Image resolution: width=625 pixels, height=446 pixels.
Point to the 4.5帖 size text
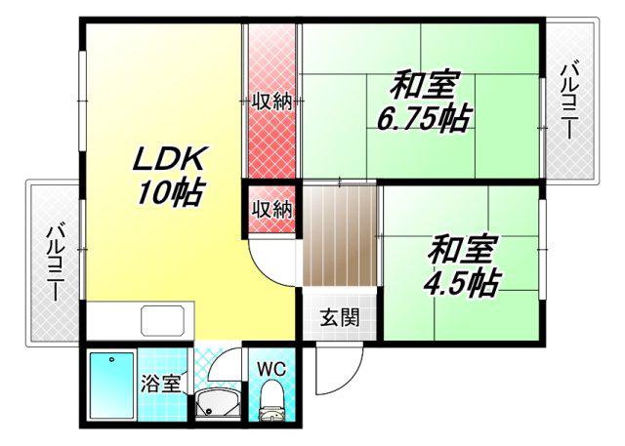pos(462,283)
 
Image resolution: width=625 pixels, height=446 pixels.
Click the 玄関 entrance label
pos(340,317)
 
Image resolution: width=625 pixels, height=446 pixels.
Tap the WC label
pos(271,370)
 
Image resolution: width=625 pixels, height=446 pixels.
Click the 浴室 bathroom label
pos(161,384)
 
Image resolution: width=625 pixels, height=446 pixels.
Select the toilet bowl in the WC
pos(271,398)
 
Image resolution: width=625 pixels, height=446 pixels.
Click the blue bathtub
pos(111,385)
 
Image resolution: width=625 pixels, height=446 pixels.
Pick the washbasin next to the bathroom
pos(218,403)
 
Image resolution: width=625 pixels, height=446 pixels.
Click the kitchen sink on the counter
pos(163,320)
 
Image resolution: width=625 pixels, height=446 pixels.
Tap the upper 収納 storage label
pos(272,102)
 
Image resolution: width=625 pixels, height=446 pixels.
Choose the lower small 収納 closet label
pos(272,208)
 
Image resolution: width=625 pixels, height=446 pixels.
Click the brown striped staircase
pos(340,236)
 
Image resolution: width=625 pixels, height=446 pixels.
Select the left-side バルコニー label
pos(55,264)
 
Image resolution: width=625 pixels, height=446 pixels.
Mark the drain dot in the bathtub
pos(112,359)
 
